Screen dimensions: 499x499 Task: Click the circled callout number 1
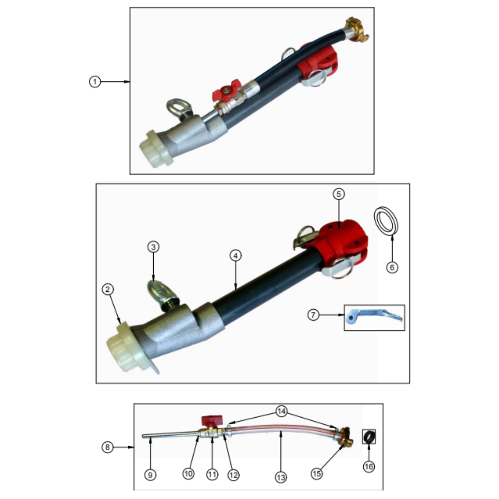click(x=94, y=82)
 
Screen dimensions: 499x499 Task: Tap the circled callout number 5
click(x=339, y=194)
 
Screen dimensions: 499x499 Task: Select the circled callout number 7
click(x=313, y=315)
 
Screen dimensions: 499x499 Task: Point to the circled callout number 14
click(x=281, y=412)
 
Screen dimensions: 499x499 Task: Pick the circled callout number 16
click(x=369, y=467)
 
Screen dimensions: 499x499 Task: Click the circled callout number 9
click(x=150, y=475)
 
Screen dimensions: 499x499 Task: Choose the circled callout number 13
click(x=280, y=477)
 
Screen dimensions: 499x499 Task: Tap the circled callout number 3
click(x=153, y=247)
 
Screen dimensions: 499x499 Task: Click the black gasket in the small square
click(x=369, y=437)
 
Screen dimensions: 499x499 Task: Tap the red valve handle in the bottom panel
click(x=211, y=421)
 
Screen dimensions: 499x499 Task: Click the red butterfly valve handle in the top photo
click(x=226, y=90)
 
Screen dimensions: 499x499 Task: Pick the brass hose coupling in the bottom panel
click(x=343, y=437)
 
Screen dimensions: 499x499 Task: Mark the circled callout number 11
click(x=212, y=475)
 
